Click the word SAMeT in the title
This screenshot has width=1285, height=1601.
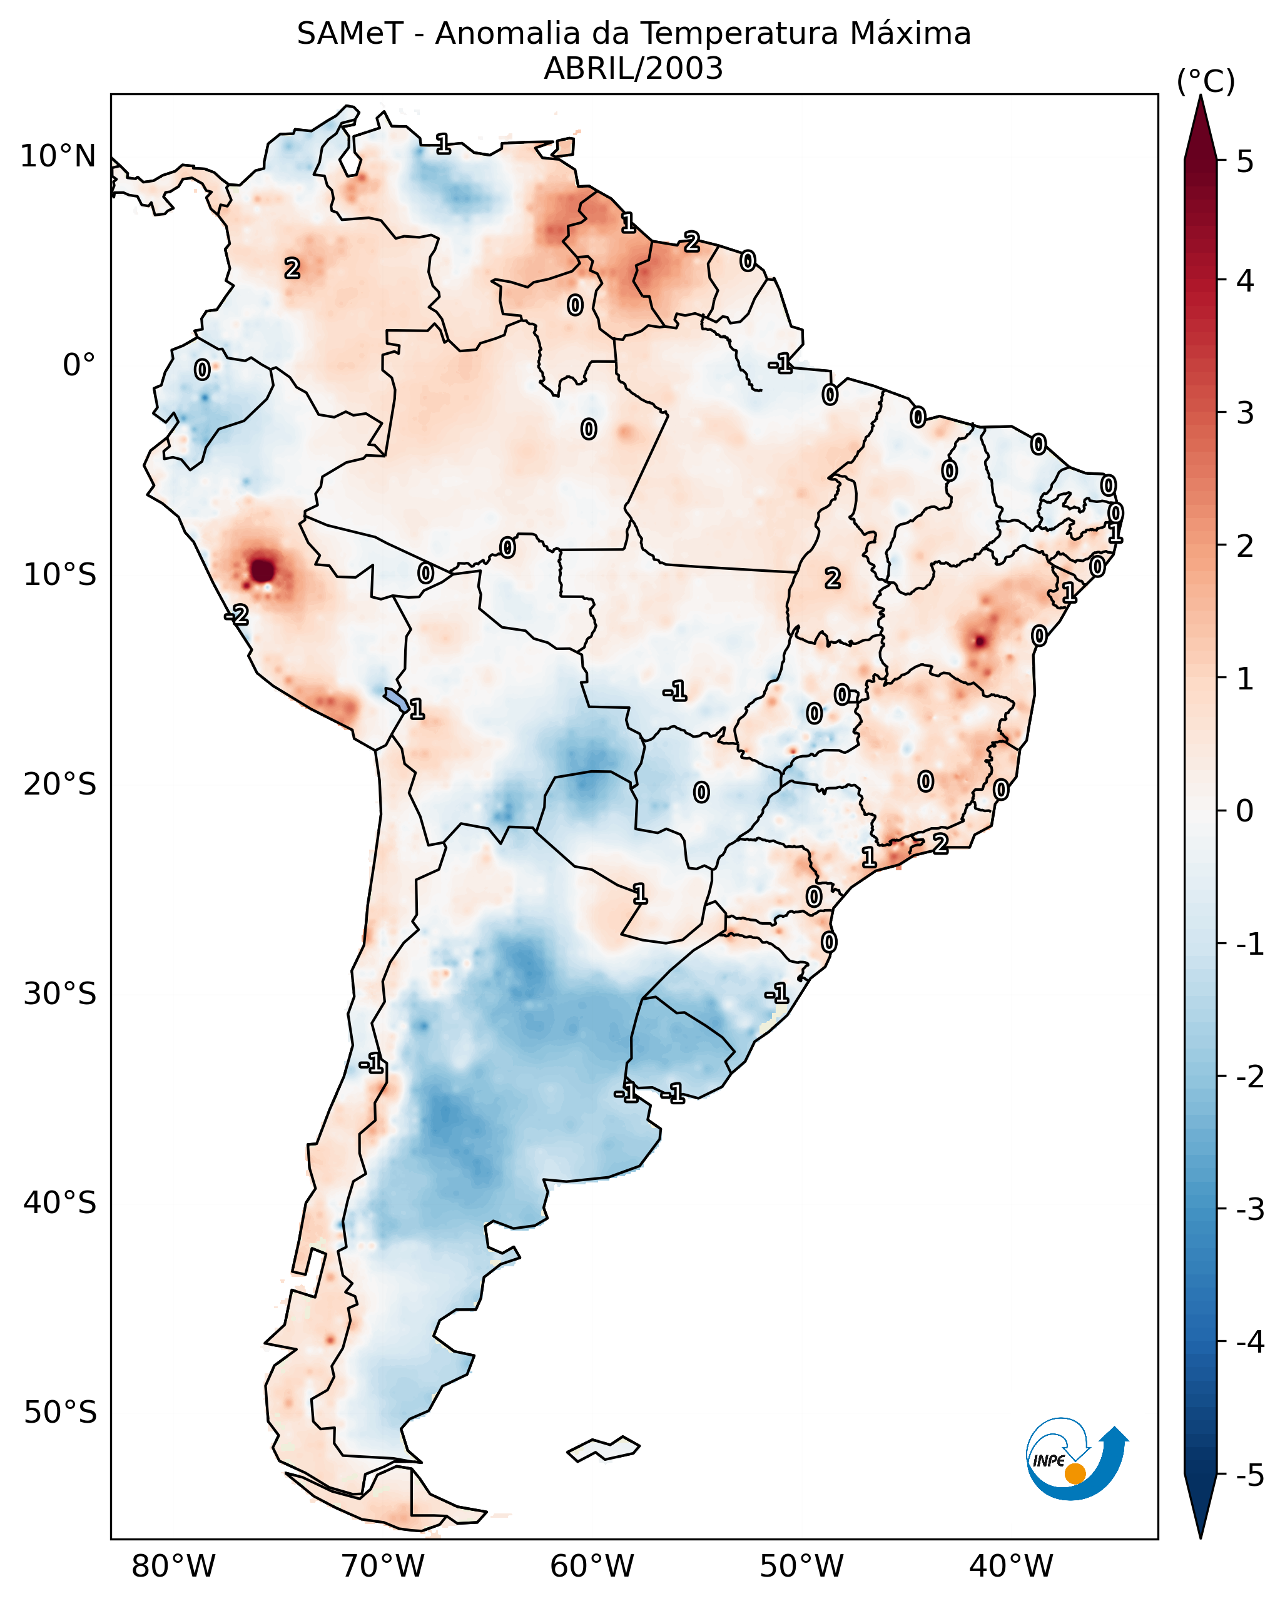tap(350, 34)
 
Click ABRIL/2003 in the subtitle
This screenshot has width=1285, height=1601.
tap(633, 69)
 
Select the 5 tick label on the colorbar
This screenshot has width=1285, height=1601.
tap(1245, 161)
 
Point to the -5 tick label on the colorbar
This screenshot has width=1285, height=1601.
tap(1249, 1475)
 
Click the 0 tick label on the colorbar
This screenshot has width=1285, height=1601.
tap(1245, 810)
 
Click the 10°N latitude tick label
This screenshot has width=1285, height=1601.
tap(58, 156)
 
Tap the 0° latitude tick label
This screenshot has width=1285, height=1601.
tap(79, 365)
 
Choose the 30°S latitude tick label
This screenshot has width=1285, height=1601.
tap(59, 994)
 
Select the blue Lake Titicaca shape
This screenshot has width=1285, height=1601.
tap(395, 699)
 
